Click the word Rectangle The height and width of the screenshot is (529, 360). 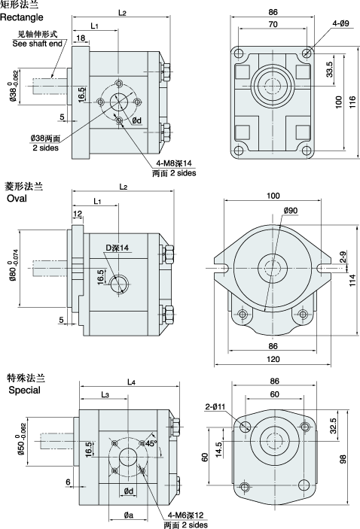point(22,17)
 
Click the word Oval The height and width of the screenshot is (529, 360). point(17,199)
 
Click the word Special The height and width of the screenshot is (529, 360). point(24,391)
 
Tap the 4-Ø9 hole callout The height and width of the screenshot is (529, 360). point(340,23)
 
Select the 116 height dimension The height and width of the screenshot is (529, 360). point(352,102)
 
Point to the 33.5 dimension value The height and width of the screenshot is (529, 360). point(330,68)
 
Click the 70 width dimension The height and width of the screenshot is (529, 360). point(273,24)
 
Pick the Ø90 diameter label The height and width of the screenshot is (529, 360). point(291,211)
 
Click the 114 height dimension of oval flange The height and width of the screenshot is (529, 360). point(352,281)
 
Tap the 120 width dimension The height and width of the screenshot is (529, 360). point(273,359)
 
